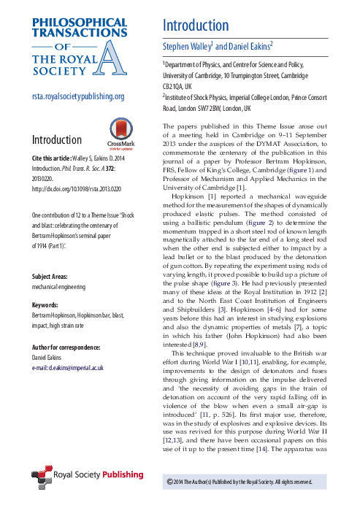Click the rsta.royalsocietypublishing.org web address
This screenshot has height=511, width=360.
(77, 96)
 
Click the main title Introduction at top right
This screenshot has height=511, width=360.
(196, 25)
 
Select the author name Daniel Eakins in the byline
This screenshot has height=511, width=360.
(248, 45)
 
